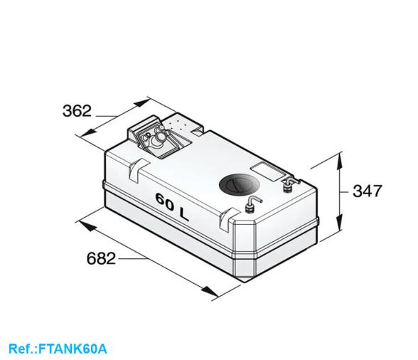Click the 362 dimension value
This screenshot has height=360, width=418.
coord(77,111)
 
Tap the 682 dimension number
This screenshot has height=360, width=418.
coord(101,258)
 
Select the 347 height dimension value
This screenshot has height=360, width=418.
coord(367,191)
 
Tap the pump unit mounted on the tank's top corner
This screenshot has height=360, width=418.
coord(158,137)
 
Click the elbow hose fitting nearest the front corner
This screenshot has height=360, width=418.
coord(250,206)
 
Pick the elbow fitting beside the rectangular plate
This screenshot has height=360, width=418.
coord(289,186)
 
